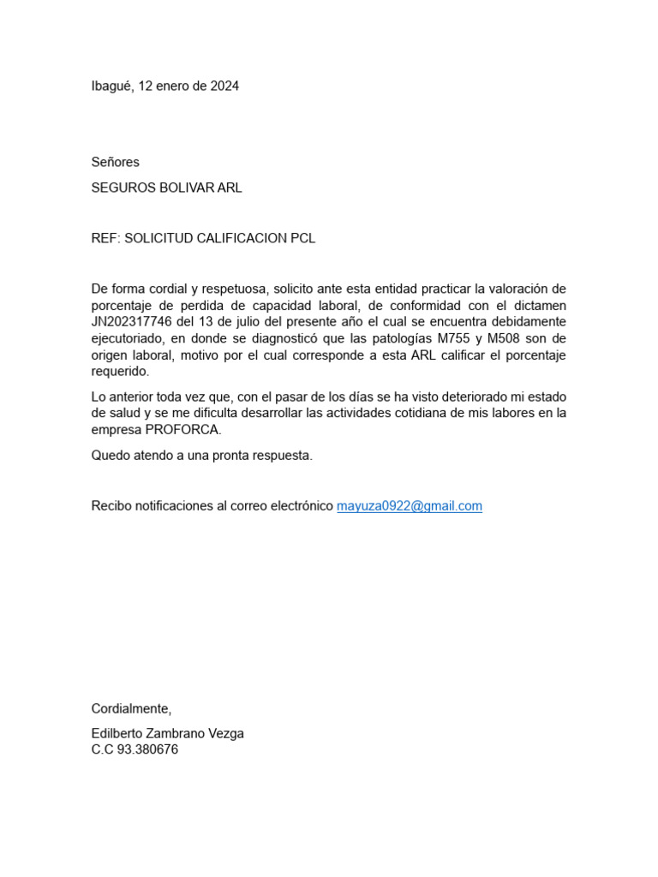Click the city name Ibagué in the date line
point(111,86)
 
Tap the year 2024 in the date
point(224,86)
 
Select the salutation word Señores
point(115,162)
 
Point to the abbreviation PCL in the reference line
point(303,238)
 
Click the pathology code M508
point(505,338)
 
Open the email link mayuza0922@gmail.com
point(410,506)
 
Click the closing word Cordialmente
point(131,708)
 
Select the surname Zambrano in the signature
point(181,734)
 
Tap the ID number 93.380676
point(147,749)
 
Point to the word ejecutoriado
point(129,338)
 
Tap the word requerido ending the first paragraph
point(120,372)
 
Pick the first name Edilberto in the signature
point(118,734)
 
